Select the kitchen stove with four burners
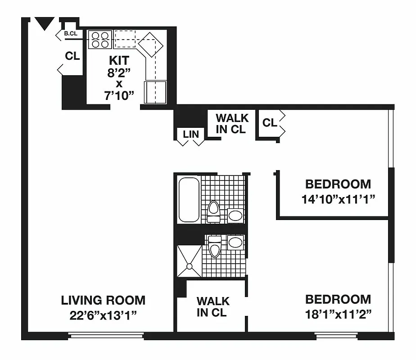99,39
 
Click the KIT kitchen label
119,60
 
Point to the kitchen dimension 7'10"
119,95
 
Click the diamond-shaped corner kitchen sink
149,45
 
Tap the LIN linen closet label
190,134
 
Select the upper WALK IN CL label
232,123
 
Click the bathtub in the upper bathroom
188,200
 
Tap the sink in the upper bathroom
235,215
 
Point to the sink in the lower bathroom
235,243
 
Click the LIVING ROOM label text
103,300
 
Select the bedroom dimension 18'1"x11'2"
338,314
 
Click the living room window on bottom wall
106,335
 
